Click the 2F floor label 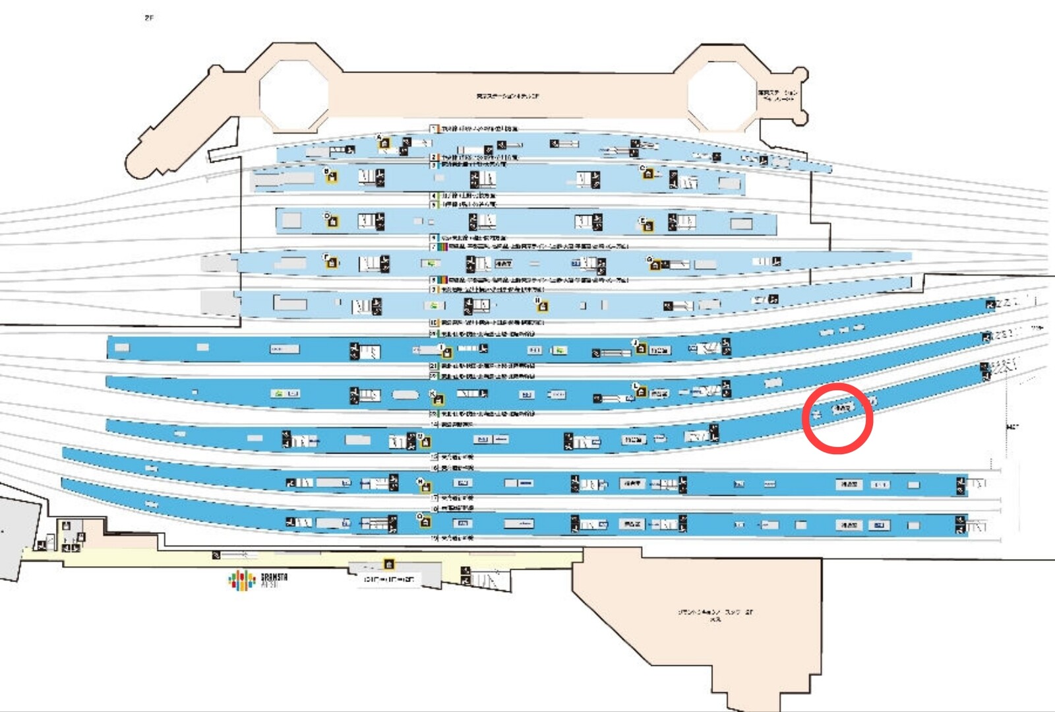tap(149, 18)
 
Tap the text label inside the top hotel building tap(507, 96)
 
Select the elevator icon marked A tap(384, 143)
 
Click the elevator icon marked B tap(332, 176)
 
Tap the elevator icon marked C tap(648, 174)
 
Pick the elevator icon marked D tap(332, 222)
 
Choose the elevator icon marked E tap(648, 226)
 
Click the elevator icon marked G tap(655, 265)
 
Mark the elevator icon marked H tap(542, 306)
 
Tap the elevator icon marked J tap(640, 348)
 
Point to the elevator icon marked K tap(437, 399)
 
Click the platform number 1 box tap(434, 129)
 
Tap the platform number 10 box tap(434, 323)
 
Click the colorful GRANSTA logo tap(243, 580)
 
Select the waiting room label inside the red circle tap(842, 408)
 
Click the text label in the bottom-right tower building tap(715, 615)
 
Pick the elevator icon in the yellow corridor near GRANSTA tap(389, 564)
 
